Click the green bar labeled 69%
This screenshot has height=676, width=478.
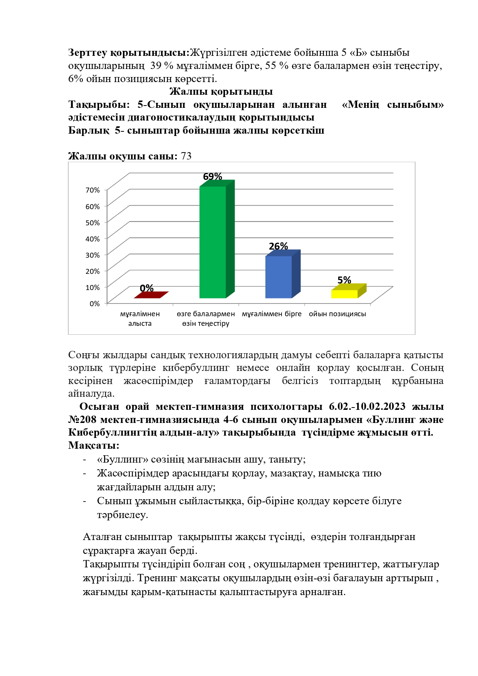tap(213, 242)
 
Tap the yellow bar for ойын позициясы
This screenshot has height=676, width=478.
tap(344, 294)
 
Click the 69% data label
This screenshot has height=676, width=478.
tap(213, 176)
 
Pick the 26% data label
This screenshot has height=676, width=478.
tap(278, 246)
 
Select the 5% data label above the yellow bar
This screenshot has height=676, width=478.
tap(344, 280)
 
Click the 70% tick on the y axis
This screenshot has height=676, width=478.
tap(92, 190)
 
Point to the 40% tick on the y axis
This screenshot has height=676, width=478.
tap(92, 239)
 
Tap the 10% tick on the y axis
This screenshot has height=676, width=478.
tap(92, 287)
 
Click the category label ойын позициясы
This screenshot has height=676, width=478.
tap(337, 314)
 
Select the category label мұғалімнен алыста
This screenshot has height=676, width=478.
tap(140, 319)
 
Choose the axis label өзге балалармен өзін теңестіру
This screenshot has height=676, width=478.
tap(206, 319)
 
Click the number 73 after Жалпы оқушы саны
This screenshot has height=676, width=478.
tap(186, 156)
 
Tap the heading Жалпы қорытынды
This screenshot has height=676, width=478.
tap(221, 92)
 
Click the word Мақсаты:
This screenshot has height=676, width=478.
tap(94, 445)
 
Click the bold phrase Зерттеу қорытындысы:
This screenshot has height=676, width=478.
tap(129, 52)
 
